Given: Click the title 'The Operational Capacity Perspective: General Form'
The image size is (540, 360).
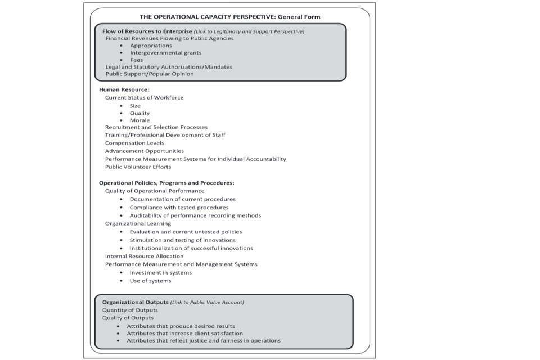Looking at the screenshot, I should [x=229, y=17].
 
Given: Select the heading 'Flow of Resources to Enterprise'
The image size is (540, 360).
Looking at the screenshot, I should [x=147, y=31].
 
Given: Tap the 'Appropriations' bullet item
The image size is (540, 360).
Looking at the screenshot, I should [x=151, y=46].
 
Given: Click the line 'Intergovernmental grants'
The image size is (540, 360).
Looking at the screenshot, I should [x=165, y=53].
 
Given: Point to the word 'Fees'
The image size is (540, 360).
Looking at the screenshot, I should [x=136, y=60].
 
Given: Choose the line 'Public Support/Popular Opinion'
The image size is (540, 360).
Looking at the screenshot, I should [x=150, y=74].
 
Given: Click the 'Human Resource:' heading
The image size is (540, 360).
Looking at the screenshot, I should [x=124, y=89].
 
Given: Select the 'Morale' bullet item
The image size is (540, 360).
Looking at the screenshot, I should [x=139, y=120].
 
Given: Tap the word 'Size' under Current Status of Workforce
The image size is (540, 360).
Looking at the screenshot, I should [x=135, y=106].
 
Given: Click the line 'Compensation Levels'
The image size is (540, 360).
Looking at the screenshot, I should [x=134, y=143].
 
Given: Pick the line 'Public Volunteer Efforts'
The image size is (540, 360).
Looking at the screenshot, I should [x=138, y=166].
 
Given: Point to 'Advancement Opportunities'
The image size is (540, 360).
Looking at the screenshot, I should [x=144, y=151].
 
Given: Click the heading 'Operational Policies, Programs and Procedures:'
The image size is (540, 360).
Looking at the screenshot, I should [x=166, y=183].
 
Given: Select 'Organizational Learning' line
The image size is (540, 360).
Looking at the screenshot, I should [x=138, y=223].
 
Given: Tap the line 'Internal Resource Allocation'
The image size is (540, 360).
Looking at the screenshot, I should [x=144, y=256].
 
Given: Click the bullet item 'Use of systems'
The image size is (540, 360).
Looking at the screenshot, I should [x=150, y=281].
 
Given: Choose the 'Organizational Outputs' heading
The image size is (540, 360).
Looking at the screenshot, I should [x=135, y=302].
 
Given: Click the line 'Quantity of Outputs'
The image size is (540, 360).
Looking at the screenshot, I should [x=130, y=310].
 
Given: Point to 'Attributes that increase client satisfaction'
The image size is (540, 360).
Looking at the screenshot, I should [x=184, y=333].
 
